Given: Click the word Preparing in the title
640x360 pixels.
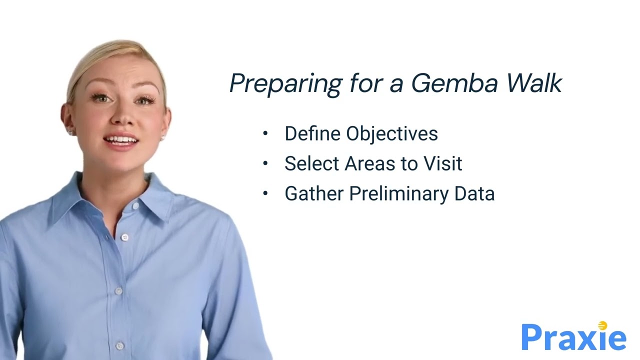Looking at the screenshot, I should [285, 84].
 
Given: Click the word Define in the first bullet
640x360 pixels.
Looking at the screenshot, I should [313, 133].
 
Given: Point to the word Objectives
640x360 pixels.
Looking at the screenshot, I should [392, 134].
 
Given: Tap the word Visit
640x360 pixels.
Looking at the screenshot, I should [442, 163].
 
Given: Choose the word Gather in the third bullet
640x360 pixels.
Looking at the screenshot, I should [314, 193].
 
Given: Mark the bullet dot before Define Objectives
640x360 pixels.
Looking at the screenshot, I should [265, 133].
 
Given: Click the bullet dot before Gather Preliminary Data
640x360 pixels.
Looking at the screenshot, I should [265, 193].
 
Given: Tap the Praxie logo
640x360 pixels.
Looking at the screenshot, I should [573, 337].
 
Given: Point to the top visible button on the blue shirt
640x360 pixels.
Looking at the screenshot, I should [124, 237].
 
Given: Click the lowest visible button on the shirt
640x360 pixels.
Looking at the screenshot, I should [120, 345].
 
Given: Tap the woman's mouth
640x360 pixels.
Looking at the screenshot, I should [121, 140].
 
